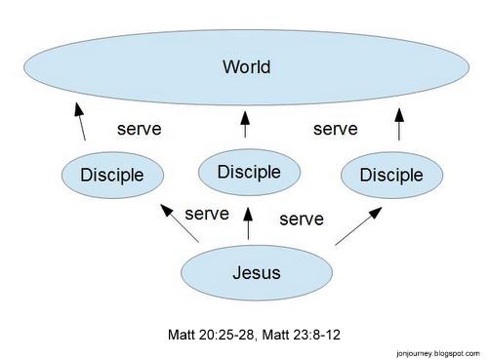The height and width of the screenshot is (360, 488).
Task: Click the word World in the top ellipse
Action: coord(246,67)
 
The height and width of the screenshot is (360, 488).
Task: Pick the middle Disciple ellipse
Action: coord(249,173)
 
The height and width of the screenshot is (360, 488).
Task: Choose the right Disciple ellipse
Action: coord(391,176)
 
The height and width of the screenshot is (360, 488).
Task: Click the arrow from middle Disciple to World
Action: coord(245,123)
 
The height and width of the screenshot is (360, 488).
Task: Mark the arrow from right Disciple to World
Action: coord(398,123)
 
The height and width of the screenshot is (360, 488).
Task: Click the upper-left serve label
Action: coord(139,128)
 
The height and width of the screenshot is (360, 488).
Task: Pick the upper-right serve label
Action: coord(335,128)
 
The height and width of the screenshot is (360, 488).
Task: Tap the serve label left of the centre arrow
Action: coord(206,213)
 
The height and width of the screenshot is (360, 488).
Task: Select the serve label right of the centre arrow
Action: coord(301,220)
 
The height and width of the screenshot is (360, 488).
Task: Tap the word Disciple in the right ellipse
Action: coord(391,176)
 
